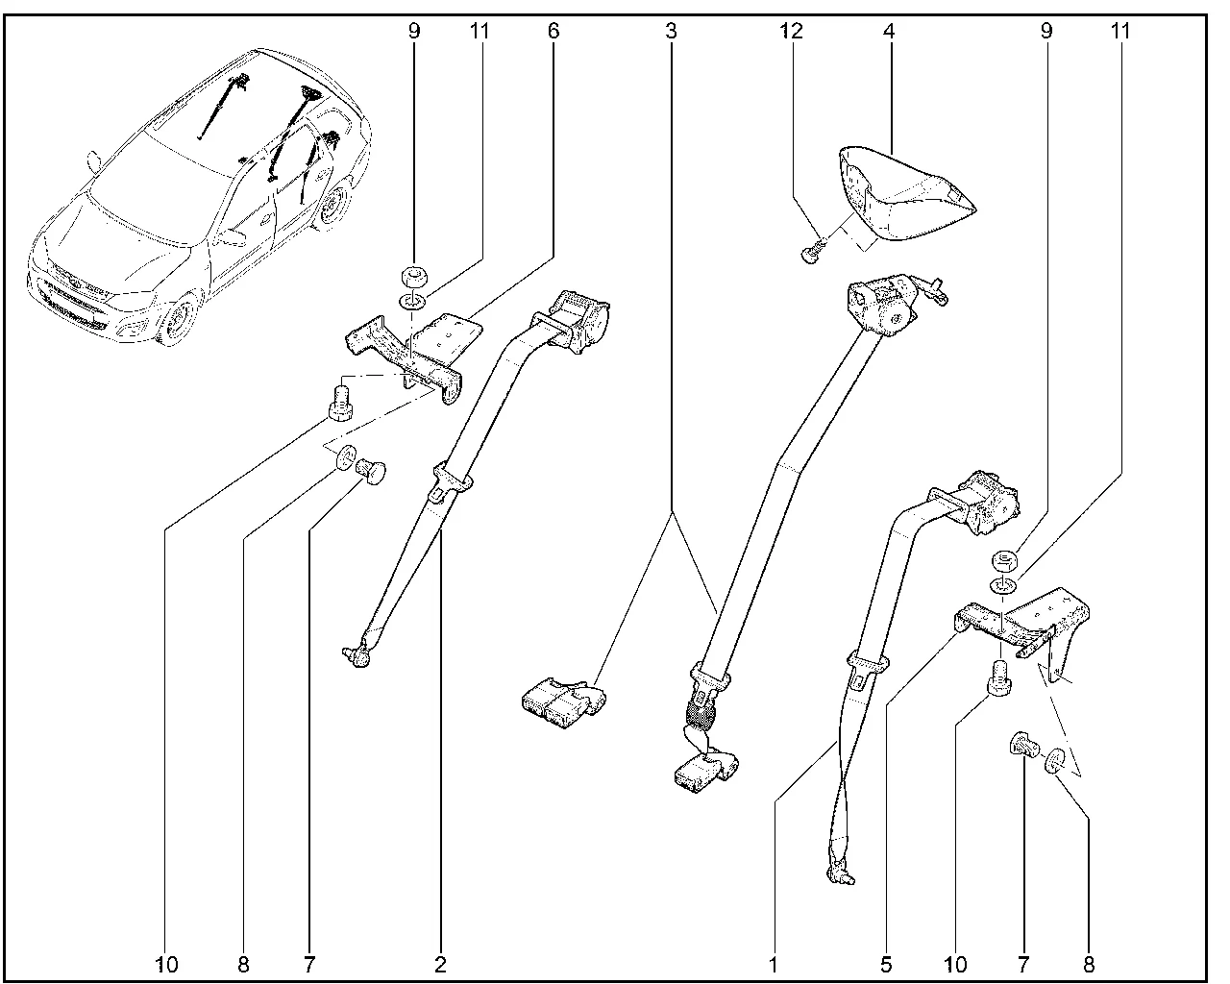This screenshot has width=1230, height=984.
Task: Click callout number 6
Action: pos(553,31)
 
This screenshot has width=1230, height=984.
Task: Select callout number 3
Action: pos(670,31)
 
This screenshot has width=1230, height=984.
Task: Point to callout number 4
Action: pos(889,31)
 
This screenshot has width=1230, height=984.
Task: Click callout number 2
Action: pos(440,963)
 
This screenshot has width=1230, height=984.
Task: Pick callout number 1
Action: pos(773,963)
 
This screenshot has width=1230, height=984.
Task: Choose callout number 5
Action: pos(886,963)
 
